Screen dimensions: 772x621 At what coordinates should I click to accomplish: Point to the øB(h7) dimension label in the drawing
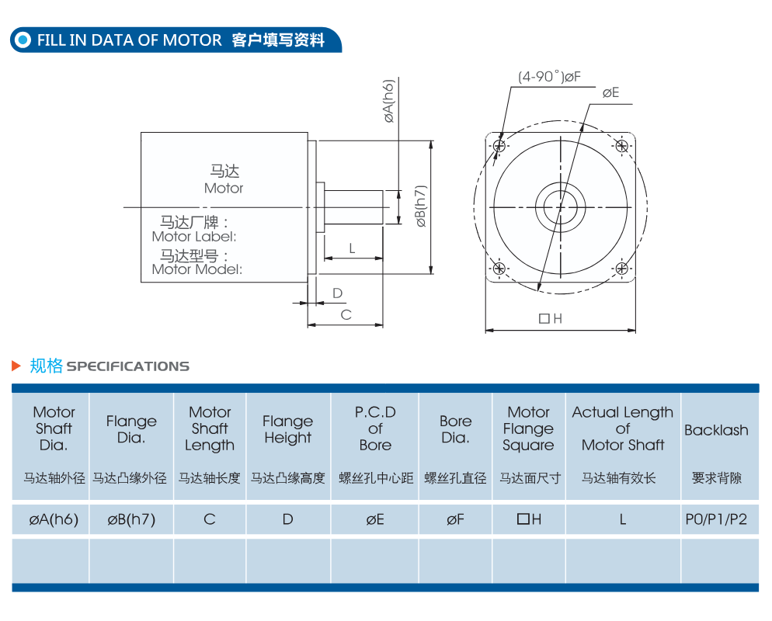click(x=420, y=206)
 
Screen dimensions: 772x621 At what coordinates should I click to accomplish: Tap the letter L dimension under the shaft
click(x=352, y=248)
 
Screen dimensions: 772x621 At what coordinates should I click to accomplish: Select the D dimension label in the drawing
click(x=337, y=293)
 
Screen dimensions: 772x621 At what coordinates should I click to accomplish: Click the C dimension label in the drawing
click(x=346, y=315)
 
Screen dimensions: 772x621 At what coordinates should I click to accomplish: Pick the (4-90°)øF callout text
click(x=549, y=77)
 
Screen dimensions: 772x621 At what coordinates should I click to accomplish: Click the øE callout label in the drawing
click(x=611, y=92)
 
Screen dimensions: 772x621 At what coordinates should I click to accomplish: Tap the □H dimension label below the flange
click(x=551, y=318)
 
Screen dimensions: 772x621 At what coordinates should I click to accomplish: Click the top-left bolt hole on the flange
click(x=499, y=146)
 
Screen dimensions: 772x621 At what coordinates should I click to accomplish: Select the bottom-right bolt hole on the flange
click(x=622, y=268)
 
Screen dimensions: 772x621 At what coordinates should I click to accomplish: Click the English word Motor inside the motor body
click(x=224, y=188)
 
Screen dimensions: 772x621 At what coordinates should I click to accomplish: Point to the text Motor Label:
click(x=194, y=237)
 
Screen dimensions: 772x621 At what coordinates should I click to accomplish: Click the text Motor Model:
click(x=197, y=269)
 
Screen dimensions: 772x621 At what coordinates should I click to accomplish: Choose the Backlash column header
click(x=716, y=429)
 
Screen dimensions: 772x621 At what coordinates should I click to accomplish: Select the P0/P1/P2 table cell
click(x=716, y=519)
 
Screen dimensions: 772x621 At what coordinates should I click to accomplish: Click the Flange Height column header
click(x=288, y=429)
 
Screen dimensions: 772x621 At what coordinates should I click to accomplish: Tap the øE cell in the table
click(x=375, y=519)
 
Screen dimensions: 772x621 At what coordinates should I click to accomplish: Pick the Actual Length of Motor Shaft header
click(x=623, y=428)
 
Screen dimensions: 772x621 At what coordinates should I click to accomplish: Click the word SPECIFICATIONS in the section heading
click(x=128, y=366)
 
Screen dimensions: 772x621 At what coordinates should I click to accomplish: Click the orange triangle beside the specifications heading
click(x=16, y=366)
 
